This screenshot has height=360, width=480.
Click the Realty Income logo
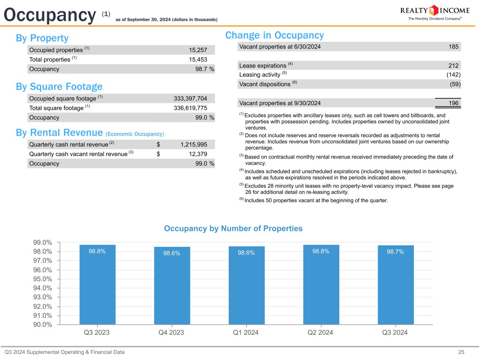(x=435, y=13)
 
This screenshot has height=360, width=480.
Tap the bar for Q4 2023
(x=172, y=285)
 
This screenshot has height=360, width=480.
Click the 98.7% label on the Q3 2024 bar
(x=395, y=252)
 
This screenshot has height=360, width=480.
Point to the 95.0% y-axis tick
(x=43, y=279)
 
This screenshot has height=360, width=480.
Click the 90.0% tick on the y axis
(x=43, y=324)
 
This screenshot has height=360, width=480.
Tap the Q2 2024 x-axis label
(x=320, y=333)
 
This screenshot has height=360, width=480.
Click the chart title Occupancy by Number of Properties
(x=233, y=229)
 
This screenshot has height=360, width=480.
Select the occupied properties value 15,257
(x=198, y=50)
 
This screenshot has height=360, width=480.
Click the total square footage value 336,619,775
(x=190, y=108)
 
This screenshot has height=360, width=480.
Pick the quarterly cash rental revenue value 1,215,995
(x=194, y=144)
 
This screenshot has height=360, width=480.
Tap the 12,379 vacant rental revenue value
(x=198, y=154)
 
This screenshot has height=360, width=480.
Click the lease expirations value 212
(x=453, y=65)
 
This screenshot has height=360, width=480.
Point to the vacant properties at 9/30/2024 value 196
(x=453, y=103)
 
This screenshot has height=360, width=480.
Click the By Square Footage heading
(x=59, y=86)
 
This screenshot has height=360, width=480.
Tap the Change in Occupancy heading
(x=274, y=35)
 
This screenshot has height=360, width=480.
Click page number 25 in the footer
(x=461, y=352)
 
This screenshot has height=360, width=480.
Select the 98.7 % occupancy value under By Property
(x=205, y=69)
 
